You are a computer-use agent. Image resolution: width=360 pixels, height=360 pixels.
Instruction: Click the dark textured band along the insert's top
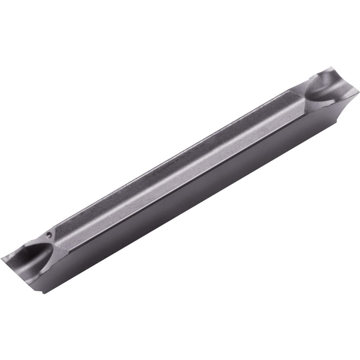click(173, 155)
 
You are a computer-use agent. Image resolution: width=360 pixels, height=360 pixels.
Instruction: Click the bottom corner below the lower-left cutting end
click(44, 292)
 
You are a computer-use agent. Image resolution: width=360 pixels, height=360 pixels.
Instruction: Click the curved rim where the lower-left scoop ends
click(54, 248)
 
